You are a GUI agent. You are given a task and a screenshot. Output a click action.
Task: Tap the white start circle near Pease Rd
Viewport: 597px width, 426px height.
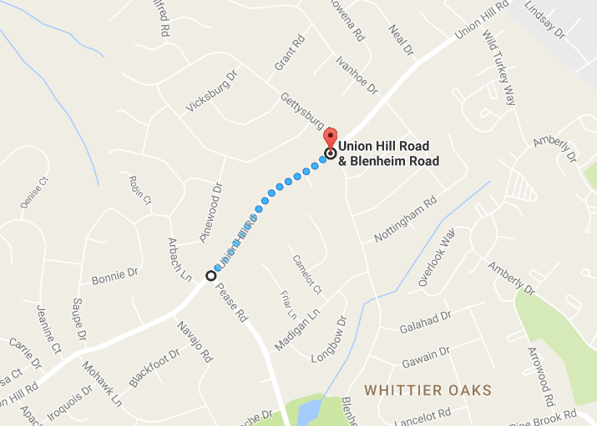210,275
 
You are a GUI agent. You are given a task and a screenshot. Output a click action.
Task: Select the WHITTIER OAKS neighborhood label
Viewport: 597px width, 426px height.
428,390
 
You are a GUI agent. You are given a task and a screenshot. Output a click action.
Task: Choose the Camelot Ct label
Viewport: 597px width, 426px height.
306,273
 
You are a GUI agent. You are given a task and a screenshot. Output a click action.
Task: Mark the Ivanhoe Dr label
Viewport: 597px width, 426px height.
357,75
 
